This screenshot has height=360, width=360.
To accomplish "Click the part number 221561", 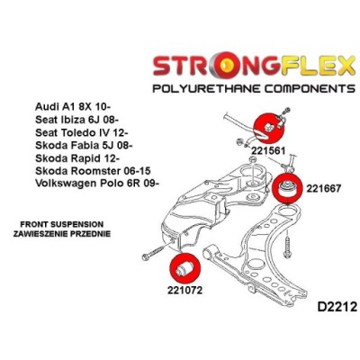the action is [x=268, y=150].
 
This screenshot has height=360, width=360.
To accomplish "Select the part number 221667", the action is [x=324, y=188].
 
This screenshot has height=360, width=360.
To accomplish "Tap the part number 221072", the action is [x=185, y=290].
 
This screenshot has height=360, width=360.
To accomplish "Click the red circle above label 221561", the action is [x=268, y=129].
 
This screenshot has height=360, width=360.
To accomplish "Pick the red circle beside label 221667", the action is [x=288, y=187].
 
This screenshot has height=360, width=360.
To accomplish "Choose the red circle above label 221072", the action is [x=184, y=268].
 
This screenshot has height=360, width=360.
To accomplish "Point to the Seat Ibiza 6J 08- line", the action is [x=77, y=120].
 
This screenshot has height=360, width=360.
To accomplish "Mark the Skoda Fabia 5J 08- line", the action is [x=84, y=145].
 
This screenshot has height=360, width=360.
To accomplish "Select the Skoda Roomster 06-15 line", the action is [x=93, y=171].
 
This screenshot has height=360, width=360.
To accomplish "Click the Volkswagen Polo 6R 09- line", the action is [x=96, y=183].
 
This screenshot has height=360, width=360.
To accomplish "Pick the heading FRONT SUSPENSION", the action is [x=61, y=224].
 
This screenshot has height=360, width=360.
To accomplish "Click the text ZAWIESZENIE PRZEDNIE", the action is [x=62, y=233].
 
